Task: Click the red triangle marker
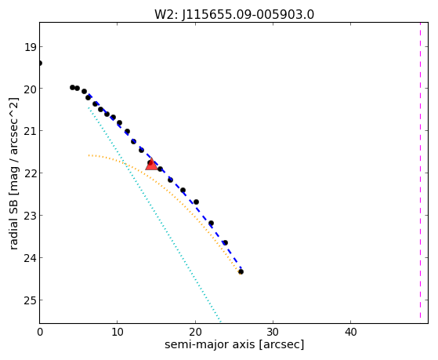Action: click(151, 164)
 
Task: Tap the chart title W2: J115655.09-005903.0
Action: click(234, 14)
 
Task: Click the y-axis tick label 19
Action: click(30, 47)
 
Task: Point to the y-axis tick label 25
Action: click(30, 300)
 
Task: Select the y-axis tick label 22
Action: click(30, 173)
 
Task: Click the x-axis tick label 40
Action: click(350, 333)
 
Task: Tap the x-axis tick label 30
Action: click(273, 333)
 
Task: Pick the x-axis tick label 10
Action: click(118, 333)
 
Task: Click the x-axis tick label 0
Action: click(40, 333)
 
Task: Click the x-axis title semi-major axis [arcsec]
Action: click(234, 344)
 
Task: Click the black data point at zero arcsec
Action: click(40, 63)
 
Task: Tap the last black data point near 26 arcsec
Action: click(241, 271)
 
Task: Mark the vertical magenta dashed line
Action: click(420, 171)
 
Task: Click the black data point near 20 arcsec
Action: click(196, 202)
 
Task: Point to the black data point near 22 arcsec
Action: click(212, 224)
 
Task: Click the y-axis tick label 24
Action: click(30, 258)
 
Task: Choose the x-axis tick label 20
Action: click(195, 333)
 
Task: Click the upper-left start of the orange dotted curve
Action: click(89, 155)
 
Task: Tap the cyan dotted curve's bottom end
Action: click(220, 322)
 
